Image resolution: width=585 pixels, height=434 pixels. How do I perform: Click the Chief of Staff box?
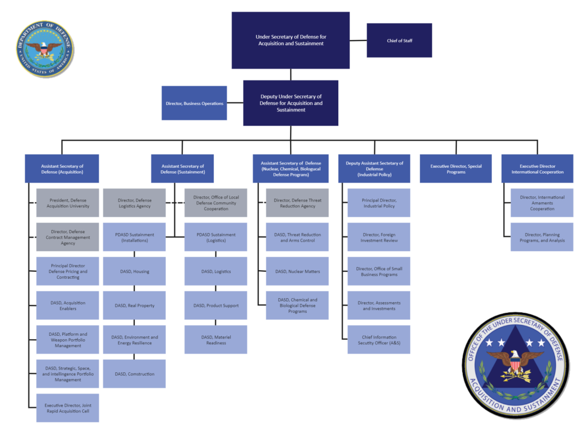pos(399,40)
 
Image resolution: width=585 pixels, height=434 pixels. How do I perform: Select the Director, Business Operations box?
pos(194,103)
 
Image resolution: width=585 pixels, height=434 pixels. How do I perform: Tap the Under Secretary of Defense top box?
pos(290,40)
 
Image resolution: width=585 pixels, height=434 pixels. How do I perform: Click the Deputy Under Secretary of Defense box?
pos(290,103)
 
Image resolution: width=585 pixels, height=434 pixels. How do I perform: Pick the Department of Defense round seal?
pos(45,50)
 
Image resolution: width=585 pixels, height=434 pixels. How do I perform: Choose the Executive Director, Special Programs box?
pos(455,168)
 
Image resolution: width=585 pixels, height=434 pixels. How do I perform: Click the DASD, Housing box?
pos(134,271)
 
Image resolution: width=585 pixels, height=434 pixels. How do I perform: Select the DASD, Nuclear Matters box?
pos(297,271)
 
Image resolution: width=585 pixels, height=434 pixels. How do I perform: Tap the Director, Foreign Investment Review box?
pos(379,237)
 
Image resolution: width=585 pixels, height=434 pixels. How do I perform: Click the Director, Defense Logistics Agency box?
pos(134,203)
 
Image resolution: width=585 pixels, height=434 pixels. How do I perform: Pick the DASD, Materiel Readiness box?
pos(216,339)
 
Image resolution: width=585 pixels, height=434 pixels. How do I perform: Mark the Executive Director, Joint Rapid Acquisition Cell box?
pos(67,408)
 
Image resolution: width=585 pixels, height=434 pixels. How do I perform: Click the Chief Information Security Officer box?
pos(379,339)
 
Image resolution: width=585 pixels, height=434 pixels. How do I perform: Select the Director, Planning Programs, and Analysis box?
pos(542,237)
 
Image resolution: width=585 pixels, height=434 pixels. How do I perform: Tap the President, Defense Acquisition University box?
pos(67,203)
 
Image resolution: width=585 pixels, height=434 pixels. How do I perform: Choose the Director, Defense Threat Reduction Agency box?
pos(297,203)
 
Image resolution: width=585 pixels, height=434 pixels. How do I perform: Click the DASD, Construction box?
pos(134,373)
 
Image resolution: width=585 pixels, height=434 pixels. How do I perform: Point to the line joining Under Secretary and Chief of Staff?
pos(358,40)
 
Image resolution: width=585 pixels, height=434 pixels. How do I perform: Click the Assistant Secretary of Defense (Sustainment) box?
pos(182,168)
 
